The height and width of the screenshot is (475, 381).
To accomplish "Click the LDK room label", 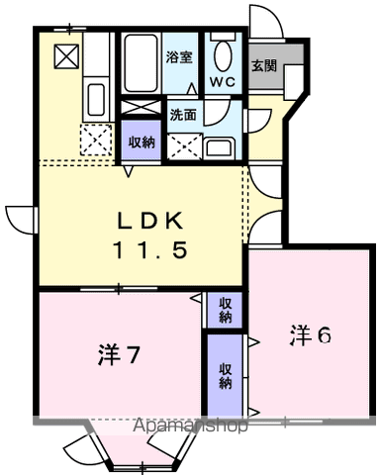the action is tap(150, 221).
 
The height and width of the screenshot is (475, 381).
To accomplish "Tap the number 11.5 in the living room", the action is tap(150, 249).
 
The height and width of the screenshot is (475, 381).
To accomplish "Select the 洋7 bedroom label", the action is tap(119, 355).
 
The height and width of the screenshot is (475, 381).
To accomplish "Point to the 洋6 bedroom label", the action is tap(310, 335).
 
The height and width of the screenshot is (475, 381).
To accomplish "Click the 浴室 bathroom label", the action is tap(179, 57).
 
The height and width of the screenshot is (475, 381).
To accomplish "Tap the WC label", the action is tap(223, 81).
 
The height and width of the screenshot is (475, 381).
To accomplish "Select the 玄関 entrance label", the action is tap(264, 65).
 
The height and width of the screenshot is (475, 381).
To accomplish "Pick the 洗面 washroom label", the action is tap(183, 115).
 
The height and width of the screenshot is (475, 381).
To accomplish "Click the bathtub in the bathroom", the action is tap(141, 63).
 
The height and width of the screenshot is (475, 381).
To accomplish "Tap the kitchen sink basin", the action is tap(96, 100).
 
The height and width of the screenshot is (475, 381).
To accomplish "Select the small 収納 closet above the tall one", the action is tap(226, 310).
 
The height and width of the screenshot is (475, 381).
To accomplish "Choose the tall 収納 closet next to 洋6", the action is tap(226, 376).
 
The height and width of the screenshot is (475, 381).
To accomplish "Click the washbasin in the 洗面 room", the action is tap(220, 148).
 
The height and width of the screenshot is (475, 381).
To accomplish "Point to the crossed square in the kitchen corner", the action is tap(66, 56).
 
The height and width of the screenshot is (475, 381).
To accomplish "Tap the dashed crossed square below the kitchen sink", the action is tap(96, 140).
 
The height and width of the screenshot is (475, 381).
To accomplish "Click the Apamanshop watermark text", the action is tap(190, 426).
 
